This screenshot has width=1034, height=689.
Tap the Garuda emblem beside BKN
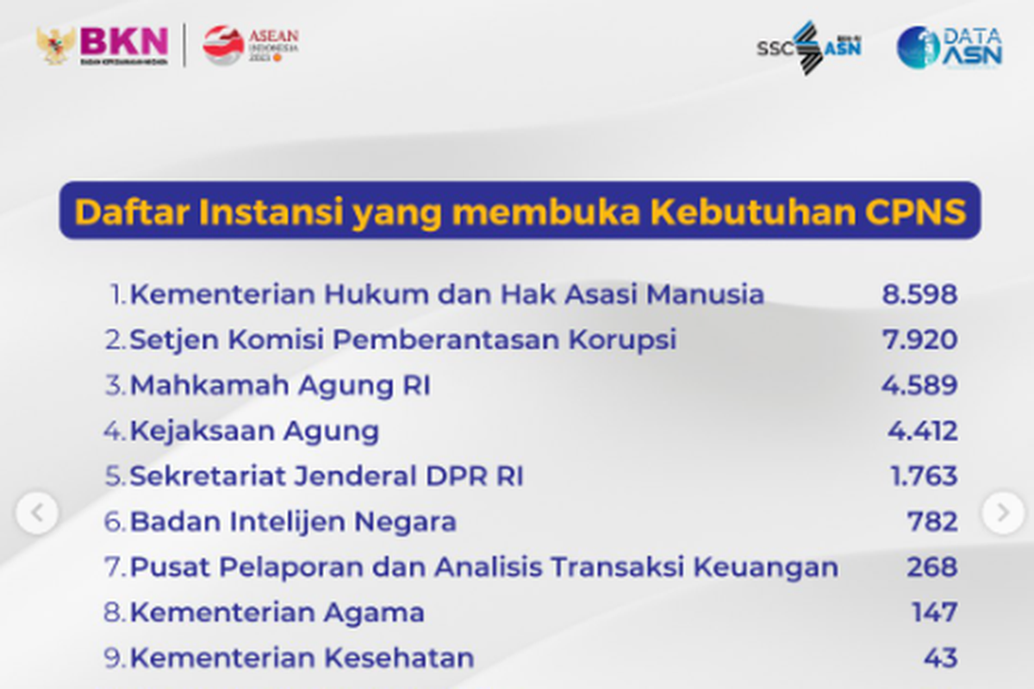pos(55,46)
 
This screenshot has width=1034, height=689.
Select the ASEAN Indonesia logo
pos(251,45)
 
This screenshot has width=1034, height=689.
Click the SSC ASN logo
pos(809,47)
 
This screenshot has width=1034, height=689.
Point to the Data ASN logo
pos(949,47)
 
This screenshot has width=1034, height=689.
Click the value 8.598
pos(919,295)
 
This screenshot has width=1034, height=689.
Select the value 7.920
pos(920,339)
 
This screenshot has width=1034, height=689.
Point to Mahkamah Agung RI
pos(280,386)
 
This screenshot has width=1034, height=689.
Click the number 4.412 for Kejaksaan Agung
pos(923,431)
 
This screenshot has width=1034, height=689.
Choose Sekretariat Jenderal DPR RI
pos(327,476)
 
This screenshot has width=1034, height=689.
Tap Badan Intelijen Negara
pos(293,522)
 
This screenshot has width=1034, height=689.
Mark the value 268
pos(932,567)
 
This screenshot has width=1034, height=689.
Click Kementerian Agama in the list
pos(277,613)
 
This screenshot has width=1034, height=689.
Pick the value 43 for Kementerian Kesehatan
pos(941,658)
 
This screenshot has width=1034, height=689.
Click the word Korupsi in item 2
pos(622,340)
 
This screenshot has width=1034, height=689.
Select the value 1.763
pos(924,475)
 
